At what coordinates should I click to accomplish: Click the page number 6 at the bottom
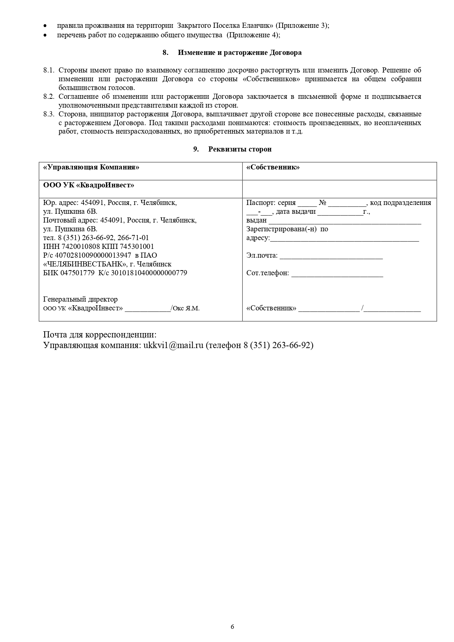tap(232, 626)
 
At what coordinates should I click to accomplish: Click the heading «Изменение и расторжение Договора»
tap(239, 52)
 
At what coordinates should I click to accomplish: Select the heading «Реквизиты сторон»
tap(240, 149)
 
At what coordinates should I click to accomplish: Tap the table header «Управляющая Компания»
tap(91, 167)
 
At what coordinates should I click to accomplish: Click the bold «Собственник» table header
tap(273, 167)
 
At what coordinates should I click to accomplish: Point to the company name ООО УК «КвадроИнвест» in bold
tap(89, 185)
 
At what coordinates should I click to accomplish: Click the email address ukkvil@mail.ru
tap(173, 345)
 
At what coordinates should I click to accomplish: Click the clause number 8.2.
tap(49, 97)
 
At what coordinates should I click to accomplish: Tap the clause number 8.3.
tap(49, 114)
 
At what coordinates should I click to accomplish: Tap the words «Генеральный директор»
tap(81, 299)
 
